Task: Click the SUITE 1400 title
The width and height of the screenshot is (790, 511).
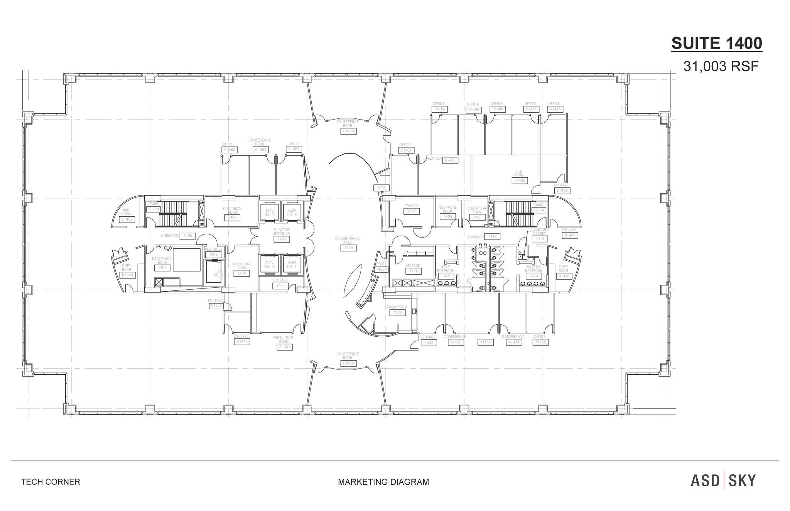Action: click(x=717, y=43)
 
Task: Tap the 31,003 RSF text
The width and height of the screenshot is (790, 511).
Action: click(x=721, y=67)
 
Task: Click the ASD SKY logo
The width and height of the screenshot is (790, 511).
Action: click(x=723, y=481)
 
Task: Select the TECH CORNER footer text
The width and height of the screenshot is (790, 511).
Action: click(x=51, y=482)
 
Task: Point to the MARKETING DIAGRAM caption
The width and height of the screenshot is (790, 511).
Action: click(x=383, y=482)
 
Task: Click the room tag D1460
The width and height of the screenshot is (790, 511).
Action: click(x=348, y=131)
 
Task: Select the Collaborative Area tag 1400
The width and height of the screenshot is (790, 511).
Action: click(x=348, y=248)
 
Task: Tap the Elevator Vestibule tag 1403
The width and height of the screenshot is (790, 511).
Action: click(x=282, y=239)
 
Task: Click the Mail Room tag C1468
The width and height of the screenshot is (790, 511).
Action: click(x=127, y=219)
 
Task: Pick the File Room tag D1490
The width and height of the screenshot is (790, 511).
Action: click(x=520, y=180)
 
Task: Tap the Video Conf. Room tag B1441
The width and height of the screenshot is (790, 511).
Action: click(x=285, y=347)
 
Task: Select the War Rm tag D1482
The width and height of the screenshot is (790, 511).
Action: click(x=450, y=160)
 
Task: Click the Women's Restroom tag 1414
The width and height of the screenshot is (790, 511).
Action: click(x=534, y=276)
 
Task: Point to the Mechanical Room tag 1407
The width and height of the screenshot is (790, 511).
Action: click(x=162, y=267)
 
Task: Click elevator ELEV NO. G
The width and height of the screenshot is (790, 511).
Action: click(x=269, y=212)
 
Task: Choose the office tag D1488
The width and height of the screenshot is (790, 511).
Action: click(x=555, y=109)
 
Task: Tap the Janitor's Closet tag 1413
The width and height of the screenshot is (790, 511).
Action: click(x=540, y=239)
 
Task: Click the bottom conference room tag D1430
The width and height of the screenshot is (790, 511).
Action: click(x=348, y=363)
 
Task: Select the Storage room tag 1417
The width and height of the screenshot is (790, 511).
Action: click(x=411, y=211)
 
